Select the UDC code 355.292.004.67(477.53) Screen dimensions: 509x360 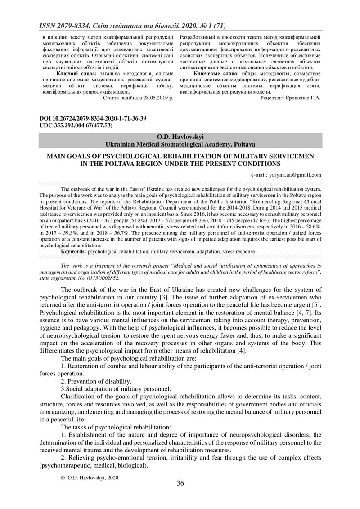(76, 125)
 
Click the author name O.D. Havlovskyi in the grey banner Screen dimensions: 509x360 (180, 137)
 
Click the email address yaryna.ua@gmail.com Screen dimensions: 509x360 (294, 174)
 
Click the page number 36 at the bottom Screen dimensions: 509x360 (180, 483)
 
